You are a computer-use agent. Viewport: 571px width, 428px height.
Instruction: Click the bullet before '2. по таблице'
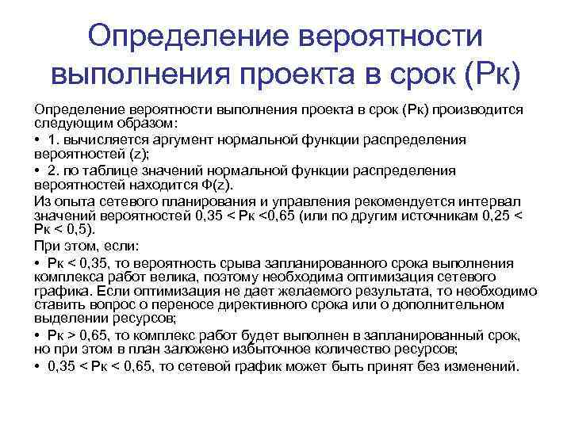tap(37, 170)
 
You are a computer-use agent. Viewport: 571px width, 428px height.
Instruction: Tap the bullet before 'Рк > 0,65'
tap(37, 336)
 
